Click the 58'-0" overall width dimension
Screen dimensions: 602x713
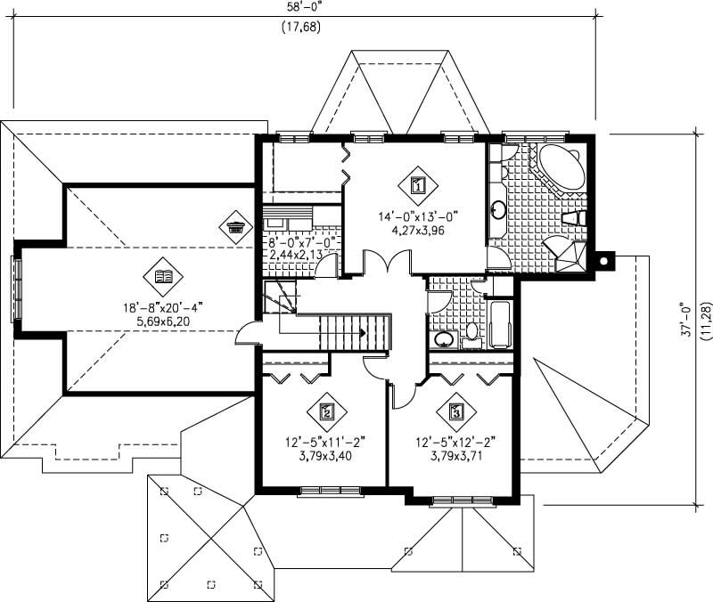tap(302, 7)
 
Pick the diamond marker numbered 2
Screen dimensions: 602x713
tap(326, 411)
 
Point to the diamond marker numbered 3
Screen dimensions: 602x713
tap(456, 411)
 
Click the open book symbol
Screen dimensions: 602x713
tap(163, 277)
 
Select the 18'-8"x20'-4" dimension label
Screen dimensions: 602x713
tap(163, 308)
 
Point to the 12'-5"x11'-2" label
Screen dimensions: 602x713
tap(326, 440)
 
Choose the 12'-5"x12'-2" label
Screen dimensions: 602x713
tap(456, 440)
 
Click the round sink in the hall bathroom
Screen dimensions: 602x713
tap(443, 339)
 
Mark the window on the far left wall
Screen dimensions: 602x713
tap(14, 289)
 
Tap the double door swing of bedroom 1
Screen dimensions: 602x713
tap(385, 263)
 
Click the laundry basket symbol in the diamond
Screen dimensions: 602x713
tap(235, 226)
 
